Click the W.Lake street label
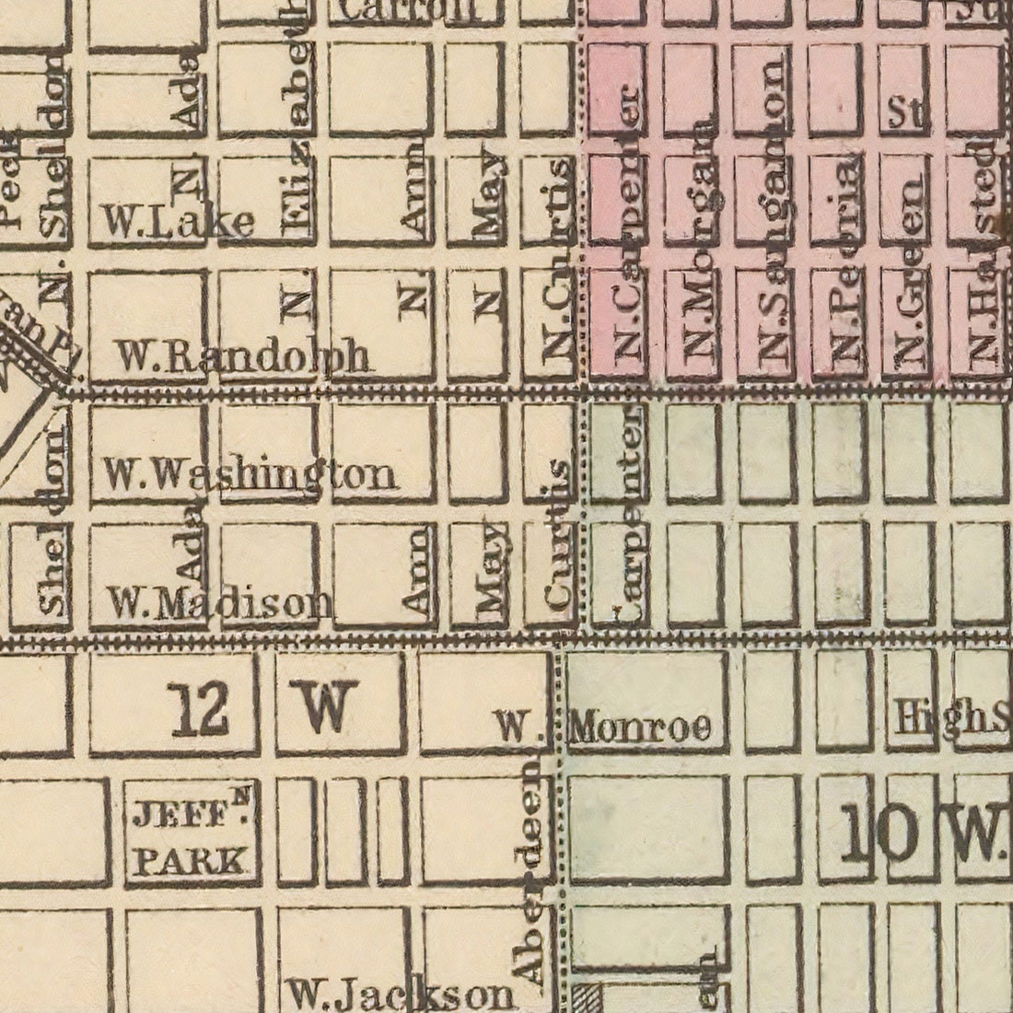[177, 221]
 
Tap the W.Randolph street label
[246, 356]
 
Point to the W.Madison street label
[219, 602]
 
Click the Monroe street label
[641, 728]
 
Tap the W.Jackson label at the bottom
[400, 994]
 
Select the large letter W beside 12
[324, 709]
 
